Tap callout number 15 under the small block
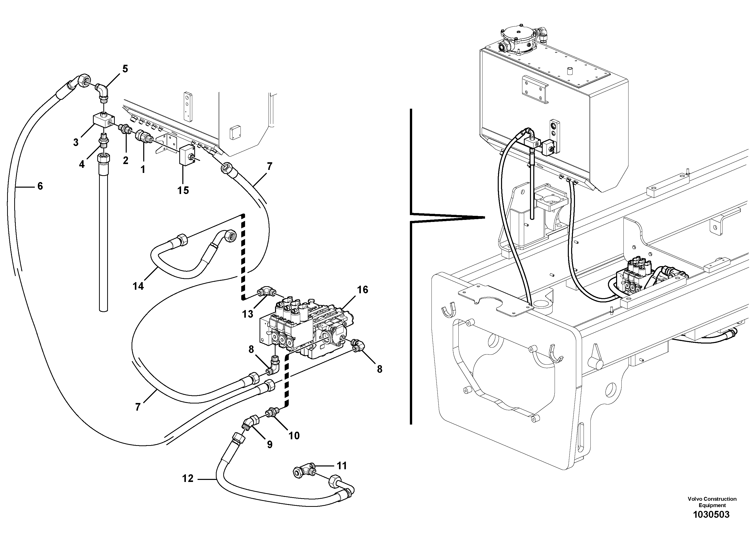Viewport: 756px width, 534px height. pyautogui.click(x=183, y=190)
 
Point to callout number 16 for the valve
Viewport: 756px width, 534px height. pyautogui.click(x=363, y=290)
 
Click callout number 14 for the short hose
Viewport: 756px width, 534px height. pyautogui.click(x=138, y=286)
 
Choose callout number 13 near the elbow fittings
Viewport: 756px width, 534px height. pyautogui.click(x=248, y=314)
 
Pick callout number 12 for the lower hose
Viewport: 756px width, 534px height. pyautogui.click(x=188, y=478)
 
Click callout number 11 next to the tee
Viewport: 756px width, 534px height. pyautogui.click(x=342, y=466)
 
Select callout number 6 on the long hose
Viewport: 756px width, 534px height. pyautogui.click(x=40, y=186)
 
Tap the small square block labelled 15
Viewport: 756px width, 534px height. pyautogui.click(x=187, y=156)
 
